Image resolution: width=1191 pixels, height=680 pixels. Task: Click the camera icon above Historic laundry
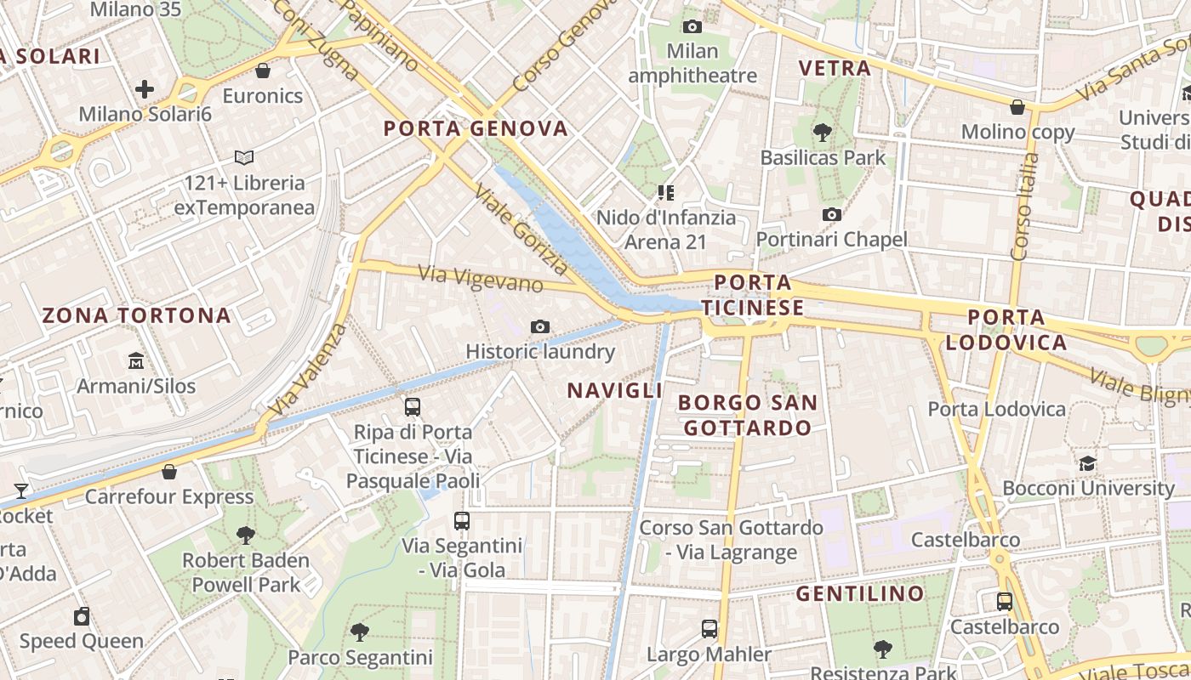click(x=539, y=327)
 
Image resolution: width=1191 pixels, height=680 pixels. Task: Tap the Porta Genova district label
click(x=476, y=128)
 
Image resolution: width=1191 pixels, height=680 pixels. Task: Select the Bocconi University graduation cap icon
click(x=1087, y=464)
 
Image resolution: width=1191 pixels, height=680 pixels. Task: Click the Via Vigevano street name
click(x=481, y=278)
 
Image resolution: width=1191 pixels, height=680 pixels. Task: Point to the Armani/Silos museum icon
click(x=136, y=361)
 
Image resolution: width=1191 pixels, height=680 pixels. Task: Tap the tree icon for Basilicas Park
click(x=822, y=133)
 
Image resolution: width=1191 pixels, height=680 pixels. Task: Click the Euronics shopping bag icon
click(x=263, y=71)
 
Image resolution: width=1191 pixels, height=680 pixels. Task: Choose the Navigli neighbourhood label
click(x=614, y=390)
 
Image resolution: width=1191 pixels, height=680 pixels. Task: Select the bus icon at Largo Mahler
click(x=709, y=629)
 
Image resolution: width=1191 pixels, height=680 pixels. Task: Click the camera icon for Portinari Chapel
click(x=832, y=215)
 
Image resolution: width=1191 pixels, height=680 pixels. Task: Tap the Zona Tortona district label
click(x=137, y=315)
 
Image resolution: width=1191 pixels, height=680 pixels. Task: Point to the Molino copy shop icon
click(x=1017, y=108)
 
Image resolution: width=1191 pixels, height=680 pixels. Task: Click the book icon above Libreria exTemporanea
click(x=244, y=158)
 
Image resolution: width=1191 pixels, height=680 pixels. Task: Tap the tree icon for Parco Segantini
click(x=360, y=632)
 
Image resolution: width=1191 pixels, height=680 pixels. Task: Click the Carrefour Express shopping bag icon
click(x=169, y=472)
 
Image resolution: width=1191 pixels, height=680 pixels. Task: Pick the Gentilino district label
click(x=860, y=593)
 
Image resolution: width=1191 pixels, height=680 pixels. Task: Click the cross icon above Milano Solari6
click(x=145, y=89)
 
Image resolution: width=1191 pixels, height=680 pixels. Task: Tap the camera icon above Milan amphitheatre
click(x=692, y=26)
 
